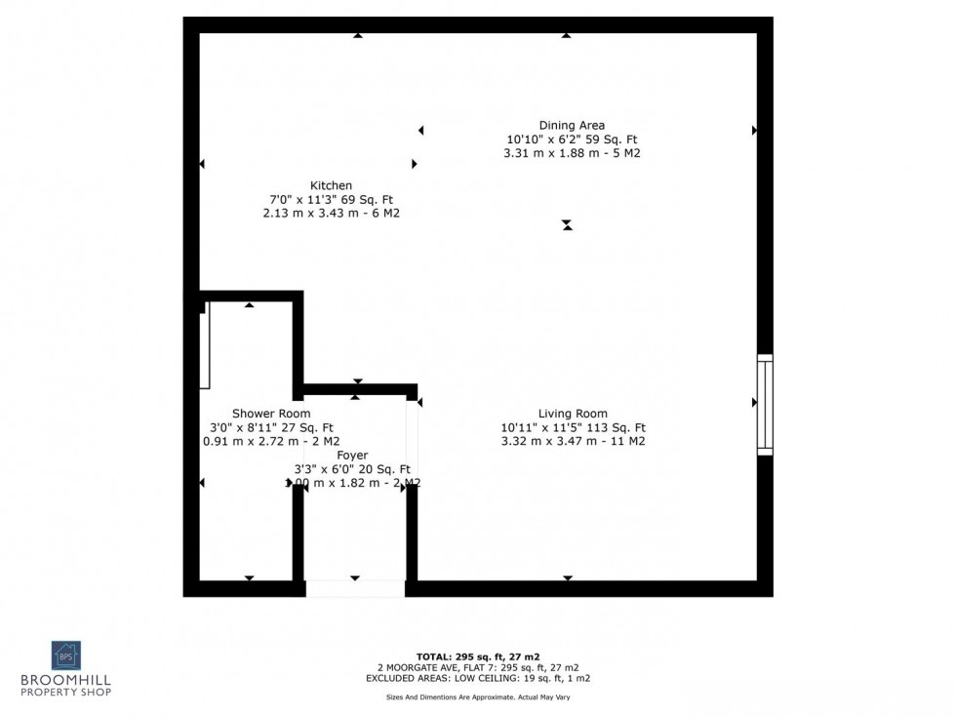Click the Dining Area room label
(x=572, y=125)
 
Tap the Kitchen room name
(x=331, y=185)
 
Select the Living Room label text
(x=573, y=413)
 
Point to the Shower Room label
(x=271, y=414)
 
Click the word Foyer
(x=352, y=456)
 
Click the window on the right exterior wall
(x=765, y=405)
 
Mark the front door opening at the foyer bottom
(x=355, y=588)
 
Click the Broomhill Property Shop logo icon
(x=66, y=655)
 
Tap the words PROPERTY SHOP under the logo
(x=66, y=692)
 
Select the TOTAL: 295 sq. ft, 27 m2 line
(x=477, y=657)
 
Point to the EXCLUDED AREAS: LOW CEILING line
(x=477, y=678)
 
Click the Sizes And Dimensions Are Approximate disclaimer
(x=477, y=697)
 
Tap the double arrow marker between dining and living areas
(x=567, y=225)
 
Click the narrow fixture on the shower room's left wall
(x=205, y=351)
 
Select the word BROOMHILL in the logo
(x=66, y=680)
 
